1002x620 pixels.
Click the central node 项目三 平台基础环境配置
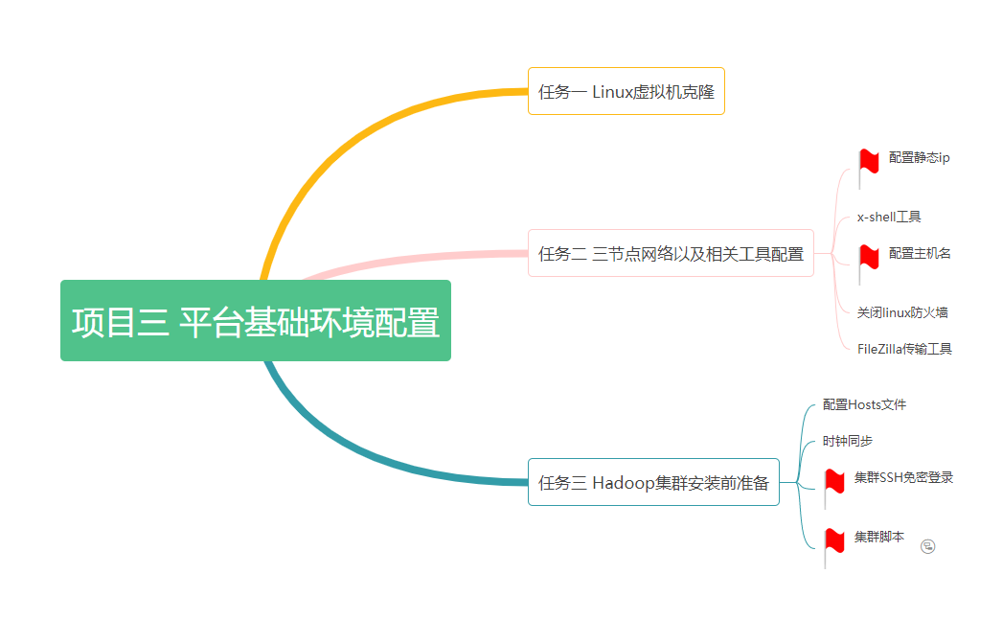pyautogui.click(x=256, y=321)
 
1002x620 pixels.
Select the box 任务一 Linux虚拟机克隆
pyautogui.click(x=626, y=92)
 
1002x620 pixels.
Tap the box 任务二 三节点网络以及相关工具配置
pyautogui.click(x=671, y=254)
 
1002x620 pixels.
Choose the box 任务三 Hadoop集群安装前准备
pyautogui.click(x=653, y=482)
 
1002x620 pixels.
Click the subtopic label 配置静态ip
pyautogui.click(x=919, y=158)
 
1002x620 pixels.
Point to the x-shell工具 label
pyautogui.click(x=889, y=218)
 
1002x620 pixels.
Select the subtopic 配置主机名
pyautogui.click(x=919, y=253)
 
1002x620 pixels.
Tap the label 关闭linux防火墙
pyautogui.click(x=902, y=312)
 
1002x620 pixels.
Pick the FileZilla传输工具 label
pyautogui.click(x=904, y=349)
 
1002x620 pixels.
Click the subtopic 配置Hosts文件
pyautogui.click(x=864, y=404)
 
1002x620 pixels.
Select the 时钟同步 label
pyautogui.click(x=847, y=442)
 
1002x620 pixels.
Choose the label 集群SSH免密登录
pyautogui.click(x=903, y=477)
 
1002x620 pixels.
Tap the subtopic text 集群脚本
pyautogui.click(x=878, y=537)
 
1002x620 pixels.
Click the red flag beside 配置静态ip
pyautogui.click(x=868, y=163)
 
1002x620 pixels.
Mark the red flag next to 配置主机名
pyautogui.click(x=868, y=258)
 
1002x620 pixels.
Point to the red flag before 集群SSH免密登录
pyautogui.click(x=833, y=482)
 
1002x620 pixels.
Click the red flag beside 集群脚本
pyautogui.click(x=833, y=541)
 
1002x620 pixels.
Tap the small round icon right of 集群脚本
pyautogui.click(x=927, y=546)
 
